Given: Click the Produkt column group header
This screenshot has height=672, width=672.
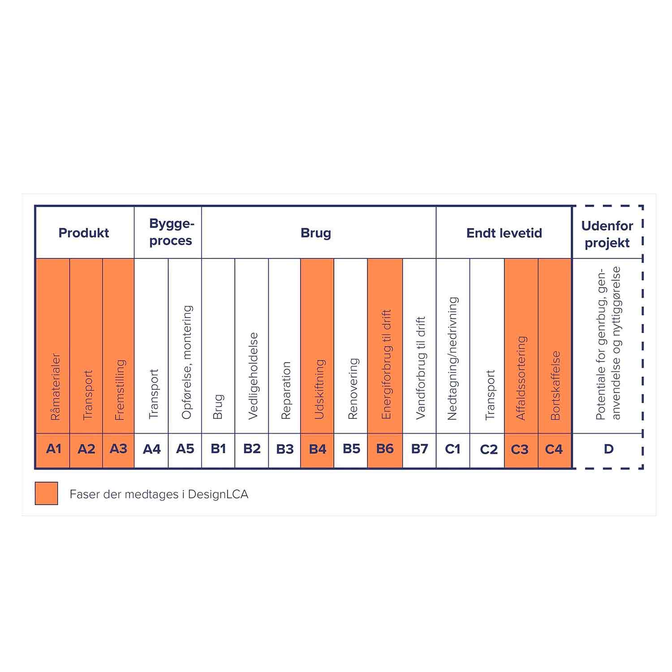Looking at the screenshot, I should point(84,233).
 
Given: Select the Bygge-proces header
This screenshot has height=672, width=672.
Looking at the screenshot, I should point(171,232).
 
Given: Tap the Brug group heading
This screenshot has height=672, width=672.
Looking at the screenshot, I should point(316,233).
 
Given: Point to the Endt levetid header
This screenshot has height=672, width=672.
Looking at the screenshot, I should point(504,233).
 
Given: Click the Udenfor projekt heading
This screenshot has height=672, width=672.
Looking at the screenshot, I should point(607,234).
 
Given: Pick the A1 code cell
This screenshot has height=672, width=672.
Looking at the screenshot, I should point(53,449).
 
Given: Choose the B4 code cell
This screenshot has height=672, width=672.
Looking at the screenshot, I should point(318,449).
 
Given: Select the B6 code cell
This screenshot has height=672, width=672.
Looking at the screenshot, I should point(385,449).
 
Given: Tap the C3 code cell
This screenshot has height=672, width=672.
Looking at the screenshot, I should point(520,449).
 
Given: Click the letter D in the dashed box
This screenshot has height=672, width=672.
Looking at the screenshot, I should point(608,449).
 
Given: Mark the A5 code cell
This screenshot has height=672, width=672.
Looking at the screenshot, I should point(185,449).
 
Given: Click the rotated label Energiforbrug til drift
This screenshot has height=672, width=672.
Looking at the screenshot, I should point(386,364).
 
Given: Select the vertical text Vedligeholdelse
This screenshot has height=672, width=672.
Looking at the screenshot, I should point(253,376).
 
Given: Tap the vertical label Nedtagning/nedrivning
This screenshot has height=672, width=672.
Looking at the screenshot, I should point(452,358).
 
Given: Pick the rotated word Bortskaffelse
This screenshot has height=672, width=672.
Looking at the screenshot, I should point(556,385).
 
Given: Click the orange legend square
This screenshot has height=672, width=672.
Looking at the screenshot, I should point(47,493).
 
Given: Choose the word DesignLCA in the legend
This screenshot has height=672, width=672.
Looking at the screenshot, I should point(218,494).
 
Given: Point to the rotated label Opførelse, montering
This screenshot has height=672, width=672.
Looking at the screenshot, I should point(187,362).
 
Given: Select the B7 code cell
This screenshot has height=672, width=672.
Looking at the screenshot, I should point(419,449).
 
